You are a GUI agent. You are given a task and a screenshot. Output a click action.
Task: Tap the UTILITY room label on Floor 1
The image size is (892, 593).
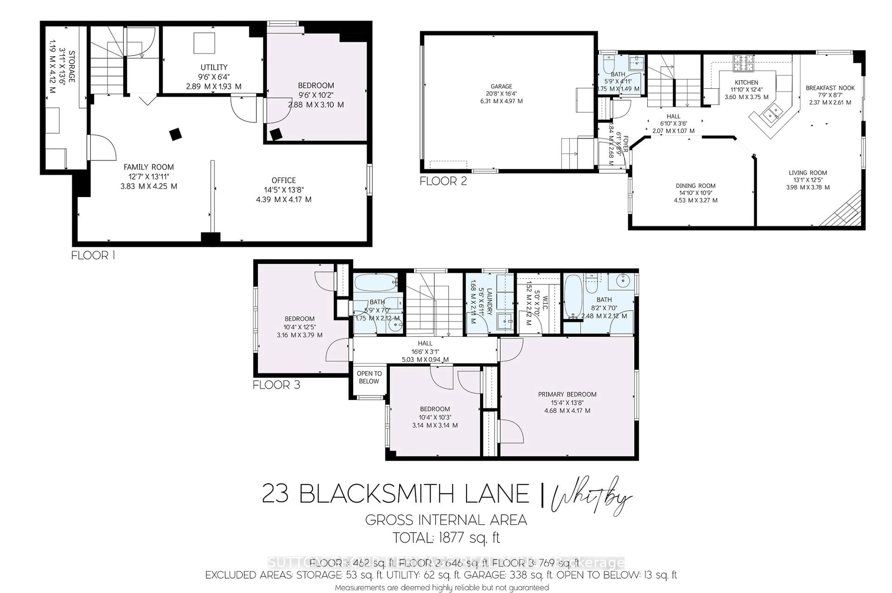pyautogui.click(x=214, y=67)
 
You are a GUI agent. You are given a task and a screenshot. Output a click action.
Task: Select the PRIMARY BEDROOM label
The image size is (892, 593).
pyautogui.click(x=567, y=394)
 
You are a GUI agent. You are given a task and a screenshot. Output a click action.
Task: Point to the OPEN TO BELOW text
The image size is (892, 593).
pyautogui.click(x=369, y=377)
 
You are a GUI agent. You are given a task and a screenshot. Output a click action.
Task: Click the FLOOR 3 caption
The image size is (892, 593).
pyautogui.click(x=276, y=385)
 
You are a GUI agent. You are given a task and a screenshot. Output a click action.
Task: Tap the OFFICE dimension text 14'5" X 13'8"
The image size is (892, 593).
pyautogui.click(x=283, y=190)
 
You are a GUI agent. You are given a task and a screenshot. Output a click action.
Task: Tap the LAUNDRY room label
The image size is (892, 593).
pyautogui.click(x=489, y=302)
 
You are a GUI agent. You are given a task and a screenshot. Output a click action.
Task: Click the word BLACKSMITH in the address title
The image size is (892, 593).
pyautogui.click(x=376, y=494)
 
